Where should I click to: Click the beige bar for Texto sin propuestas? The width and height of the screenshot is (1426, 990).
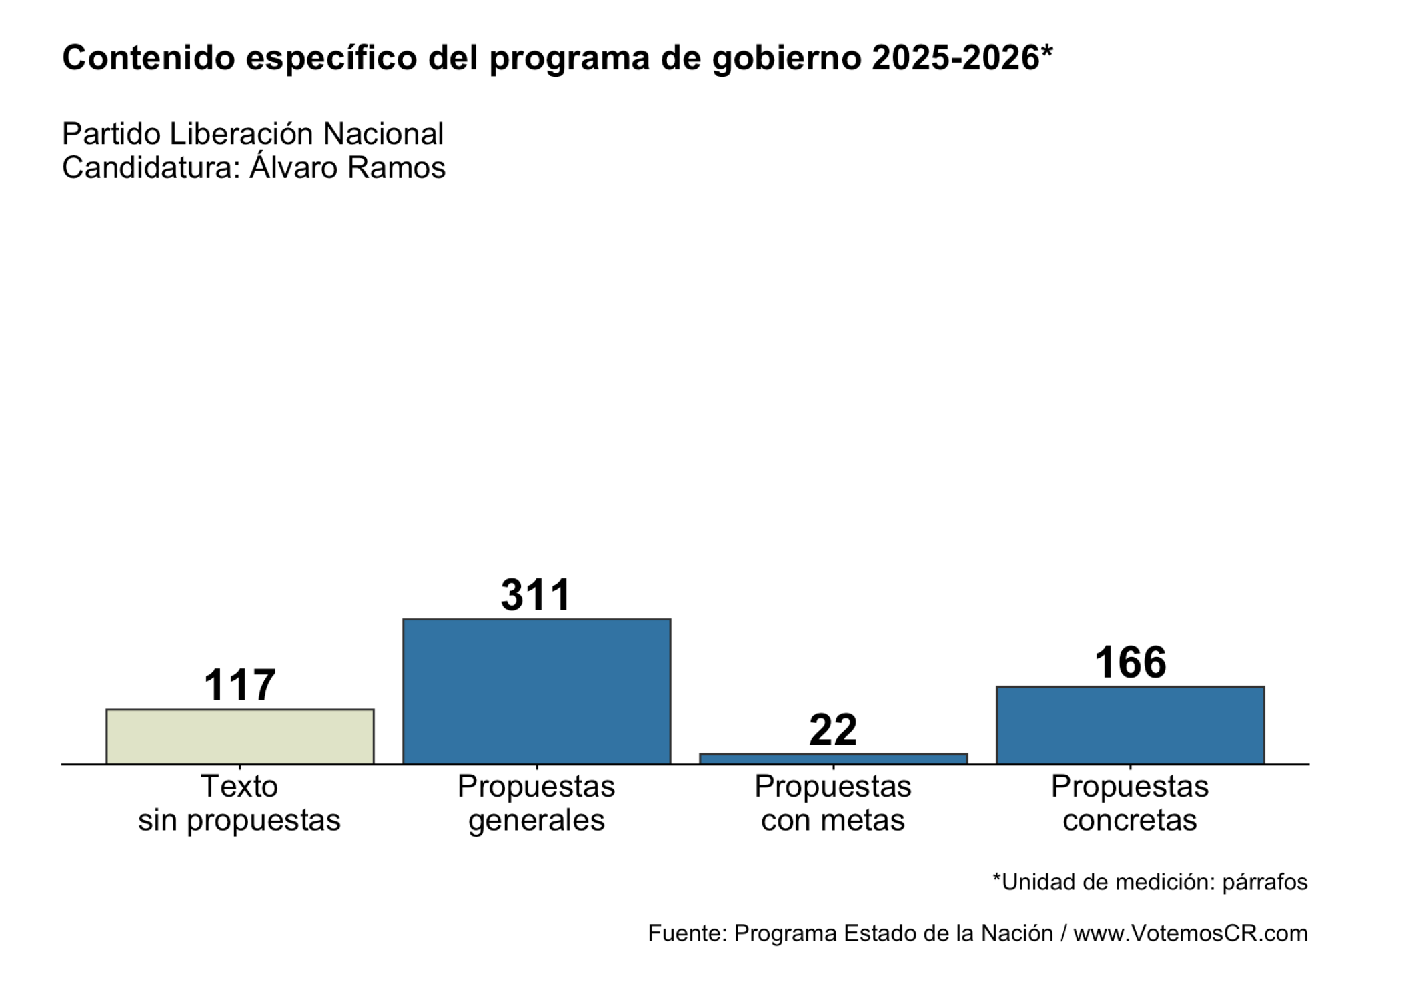239,736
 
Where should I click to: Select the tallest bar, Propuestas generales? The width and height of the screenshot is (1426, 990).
536,691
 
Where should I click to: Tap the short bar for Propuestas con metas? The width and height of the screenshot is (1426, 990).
833,759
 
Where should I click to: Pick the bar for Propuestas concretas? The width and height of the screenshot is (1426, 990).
1130,725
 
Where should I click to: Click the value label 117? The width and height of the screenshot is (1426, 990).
239,685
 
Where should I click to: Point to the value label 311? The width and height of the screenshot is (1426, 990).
536,595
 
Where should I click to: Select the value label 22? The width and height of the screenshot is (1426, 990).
833,730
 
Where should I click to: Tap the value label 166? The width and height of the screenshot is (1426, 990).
1130,662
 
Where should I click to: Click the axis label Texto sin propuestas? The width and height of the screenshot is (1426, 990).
239,803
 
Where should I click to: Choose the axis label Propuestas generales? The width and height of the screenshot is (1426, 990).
536,803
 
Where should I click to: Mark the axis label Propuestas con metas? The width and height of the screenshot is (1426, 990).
833,803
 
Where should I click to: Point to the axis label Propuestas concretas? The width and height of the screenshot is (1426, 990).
1130,803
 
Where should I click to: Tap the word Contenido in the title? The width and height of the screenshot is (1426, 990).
148,59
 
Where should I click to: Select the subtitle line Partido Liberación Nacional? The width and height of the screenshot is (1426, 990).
253,134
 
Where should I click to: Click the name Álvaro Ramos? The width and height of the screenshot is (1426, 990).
347,168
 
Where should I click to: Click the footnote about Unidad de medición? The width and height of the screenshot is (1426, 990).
1150,882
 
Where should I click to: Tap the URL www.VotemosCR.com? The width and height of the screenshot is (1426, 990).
1190,933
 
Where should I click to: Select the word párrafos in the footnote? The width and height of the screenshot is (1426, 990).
1265,883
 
